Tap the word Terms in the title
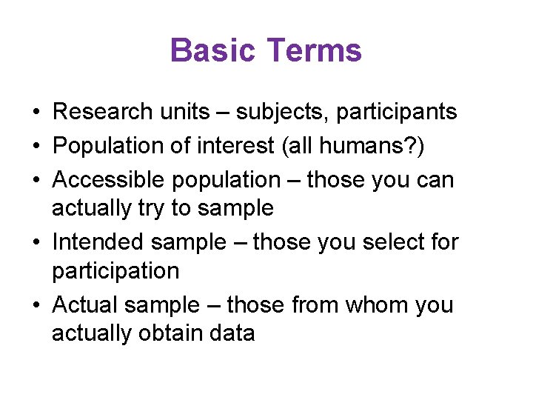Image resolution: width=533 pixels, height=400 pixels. pos(314,51)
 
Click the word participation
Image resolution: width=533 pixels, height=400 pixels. pos(115,271)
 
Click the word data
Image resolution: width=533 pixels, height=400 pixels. pos(232,334)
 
